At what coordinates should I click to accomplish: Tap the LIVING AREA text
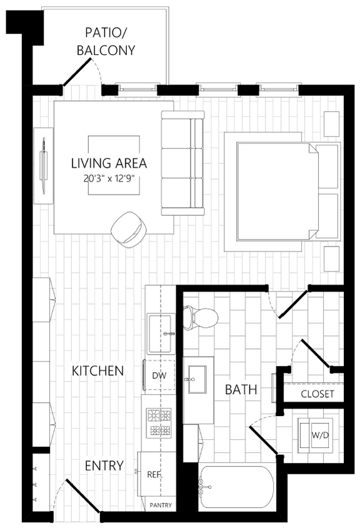click(109, 163)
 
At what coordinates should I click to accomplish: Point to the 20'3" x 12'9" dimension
click(109, 178)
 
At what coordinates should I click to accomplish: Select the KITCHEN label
click(97, 370)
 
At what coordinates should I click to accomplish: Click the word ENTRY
click(104, 465)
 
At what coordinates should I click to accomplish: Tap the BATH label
click(241, 390)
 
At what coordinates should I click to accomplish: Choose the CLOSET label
click(317, 394)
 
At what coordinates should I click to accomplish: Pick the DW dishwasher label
click(159, 375)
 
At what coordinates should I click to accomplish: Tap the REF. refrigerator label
click(154, 474)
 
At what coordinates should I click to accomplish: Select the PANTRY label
click(161, 505)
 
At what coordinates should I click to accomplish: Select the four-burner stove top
click(159, 422)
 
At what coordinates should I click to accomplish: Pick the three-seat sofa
click(182, 163)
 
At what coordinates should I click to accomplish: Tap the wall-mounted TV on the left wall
click(44, 165)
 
